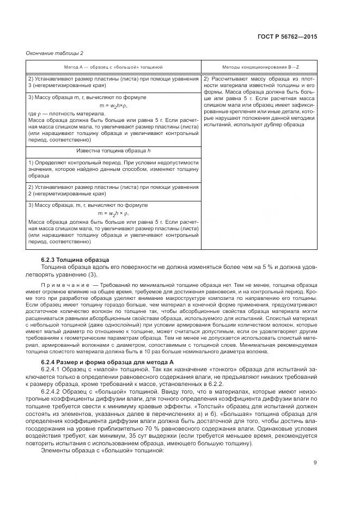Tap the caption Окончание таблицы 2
(x=54, y=53)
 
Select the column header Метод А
(x=114, y=66)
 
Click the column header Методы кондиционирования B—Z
(x=259, y=66)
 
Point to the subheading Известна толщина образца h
(x=114, y=150)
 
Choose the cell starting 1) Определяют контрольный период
(x=114, y=169)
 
